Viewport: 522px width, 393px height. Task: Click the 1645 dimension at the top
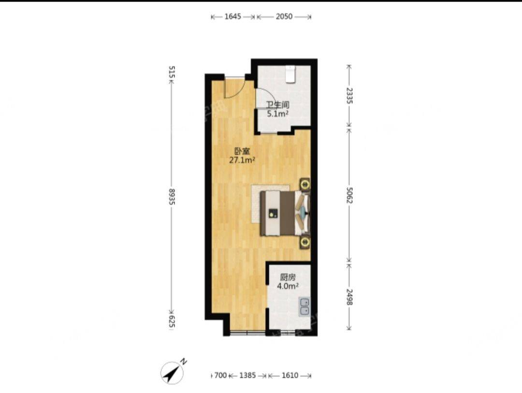[232, 16]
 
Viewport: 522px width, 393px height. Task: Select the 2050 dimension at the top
[284, 16]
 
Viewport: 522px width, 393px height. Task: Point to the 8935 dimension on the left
[172, 196]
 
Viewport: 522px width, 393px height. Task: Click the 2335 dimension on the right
[349, 96]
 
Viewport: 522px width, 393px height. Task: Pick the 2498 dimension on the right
[349, 297]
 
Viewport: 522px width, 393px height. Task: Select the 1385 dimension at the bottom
[247, 375]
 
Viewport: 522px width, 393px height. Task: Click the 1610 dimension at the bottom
[290, 375]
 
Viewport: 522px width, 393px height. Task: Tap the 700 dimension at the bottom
[220, 375]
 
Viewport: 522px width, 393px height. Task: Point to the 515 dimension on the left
[172, 72]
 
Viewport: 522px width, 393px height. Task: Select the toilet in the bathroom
[290, 74]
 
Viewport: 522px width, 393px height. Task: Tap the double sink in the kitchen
[304, 307]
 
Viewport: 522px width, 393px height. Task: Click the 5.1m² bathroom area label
[277, 114]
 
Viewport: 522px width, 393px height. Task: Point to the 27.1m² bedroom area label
[242, 160]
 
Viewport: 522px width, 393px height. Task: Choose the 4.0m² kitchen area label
[288, 286]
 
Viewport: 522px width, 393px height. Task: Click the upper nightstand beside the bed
[304, 184]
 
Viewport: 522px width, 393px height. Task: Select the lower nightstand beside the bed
[304, 242]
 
